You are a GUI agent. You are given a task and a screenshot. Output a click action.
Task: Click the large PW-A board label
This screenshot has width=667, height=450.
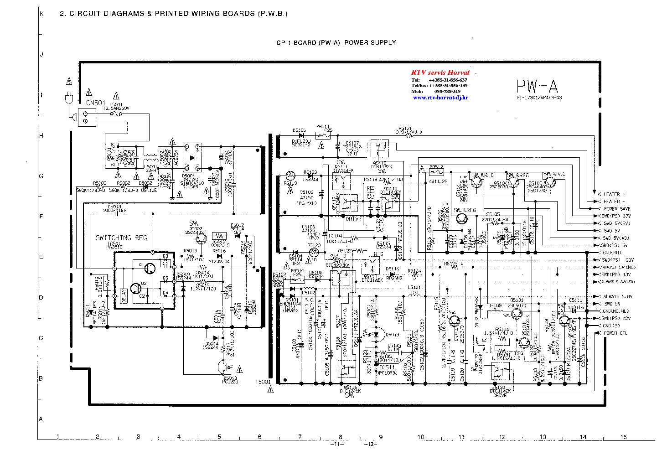coord(537,86)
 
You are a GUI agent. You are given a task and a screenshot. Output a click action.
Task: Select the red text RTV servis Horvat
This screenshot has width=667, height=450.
coord(440,72)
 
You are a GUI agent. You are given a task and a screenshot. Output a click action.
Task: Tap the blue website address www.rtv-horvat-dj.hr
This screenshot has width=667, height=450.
coord(440,98)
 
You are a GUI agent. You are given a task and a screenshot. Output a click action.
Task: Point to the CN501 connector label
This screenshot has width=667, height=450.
coord(96,103)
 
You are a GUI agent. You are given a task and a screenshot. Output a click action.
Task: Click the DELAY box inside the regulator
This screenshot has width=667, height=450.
coord(124,295)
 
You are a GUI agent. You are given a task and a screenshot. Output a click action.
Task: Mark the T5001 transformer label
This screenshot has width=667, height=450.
coord(263,382)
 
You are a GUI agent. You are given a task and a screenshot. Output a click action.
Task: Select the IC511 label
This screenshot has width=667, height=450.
coord(387,367)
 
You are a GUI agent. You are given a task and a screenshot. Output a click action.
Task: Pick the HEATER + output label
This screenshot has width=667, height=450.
coord(614,194)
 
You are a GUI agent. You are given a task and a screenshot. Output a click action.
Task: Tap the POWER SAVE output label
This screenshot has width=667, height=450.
coord(616,209)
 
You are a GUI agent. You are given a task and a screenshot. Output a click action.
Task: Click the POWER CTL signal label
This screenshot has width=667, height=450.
coord(615,333)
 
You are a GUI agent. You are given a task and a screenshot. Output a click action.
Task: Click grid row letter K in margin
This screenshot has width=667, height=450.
coord(41,14)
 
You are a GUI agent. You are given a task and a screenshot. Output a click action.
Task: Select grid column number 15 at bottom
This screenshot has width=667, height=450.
coord(623,437)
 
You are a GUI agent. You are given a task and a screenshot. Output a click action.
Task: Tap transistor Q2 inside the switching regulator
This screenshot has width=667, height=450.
coord(135,288)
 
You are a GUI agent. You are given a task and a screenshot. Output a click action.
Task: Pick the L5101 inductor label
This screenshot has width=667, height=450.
coord(414,288)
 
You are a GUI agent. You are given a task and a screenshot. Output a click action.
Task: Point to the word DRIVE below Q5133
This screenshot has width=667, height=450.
coord(500,395)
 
